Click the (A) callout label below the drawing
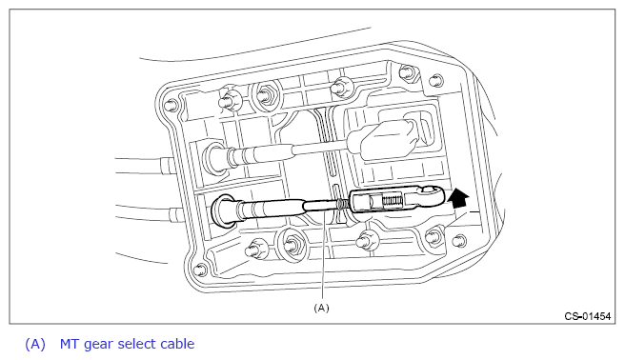(x=322, y=308)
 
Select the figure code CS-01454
(x=588, y=316)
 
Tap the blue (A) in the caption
(x=35, y=344)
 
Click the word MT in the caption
(x=70, y=344)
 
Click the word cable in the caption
(x=177, y=344)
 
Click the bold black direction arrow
(x=458, y=198)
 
